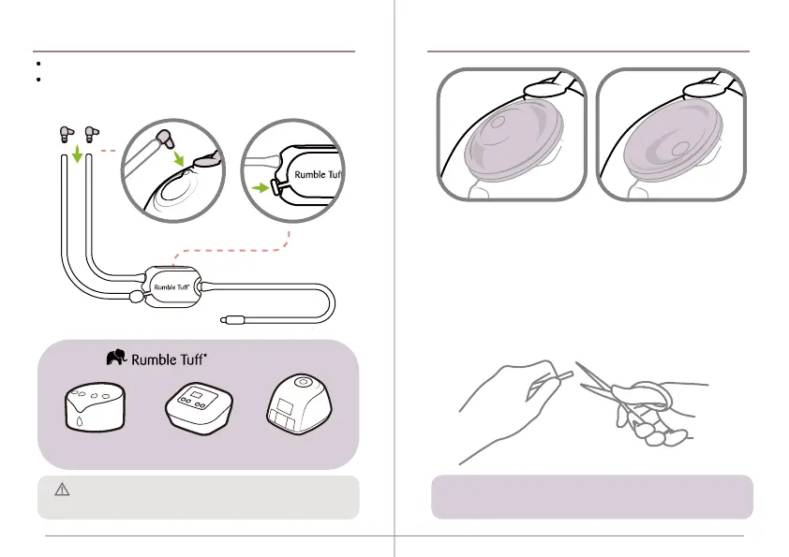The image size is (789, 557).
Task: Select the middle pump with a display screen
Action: pos(197,409)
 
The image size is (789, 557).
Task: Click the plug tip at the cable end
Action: pos(230,320)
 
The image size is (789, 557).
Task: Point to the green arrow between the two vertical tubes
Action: pos(78,151)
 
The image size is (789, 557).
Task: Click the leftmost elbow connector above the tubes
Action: pos(66,132)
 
